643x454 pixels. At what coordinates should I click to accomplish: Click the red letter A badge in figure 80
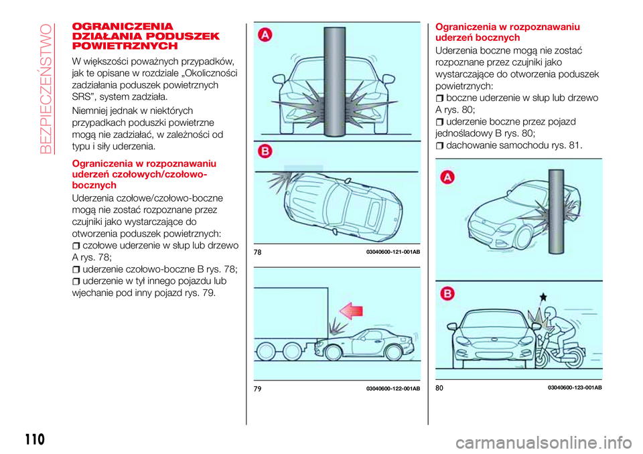coord(447,177)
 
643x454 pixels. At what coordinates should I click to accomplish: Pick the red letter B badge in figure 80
coord(447,293)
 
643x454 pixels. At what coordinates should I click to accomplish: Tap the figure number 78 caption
coord(258,252)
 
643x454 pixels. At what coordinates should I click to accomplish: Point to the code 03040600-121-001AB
coord(393,252)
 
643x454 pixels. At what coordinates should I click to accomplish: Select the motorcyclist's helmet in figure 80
coord(551,317)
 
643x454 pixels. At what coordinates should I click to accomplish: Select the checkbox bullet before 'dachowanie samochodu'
coord(440,145)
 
